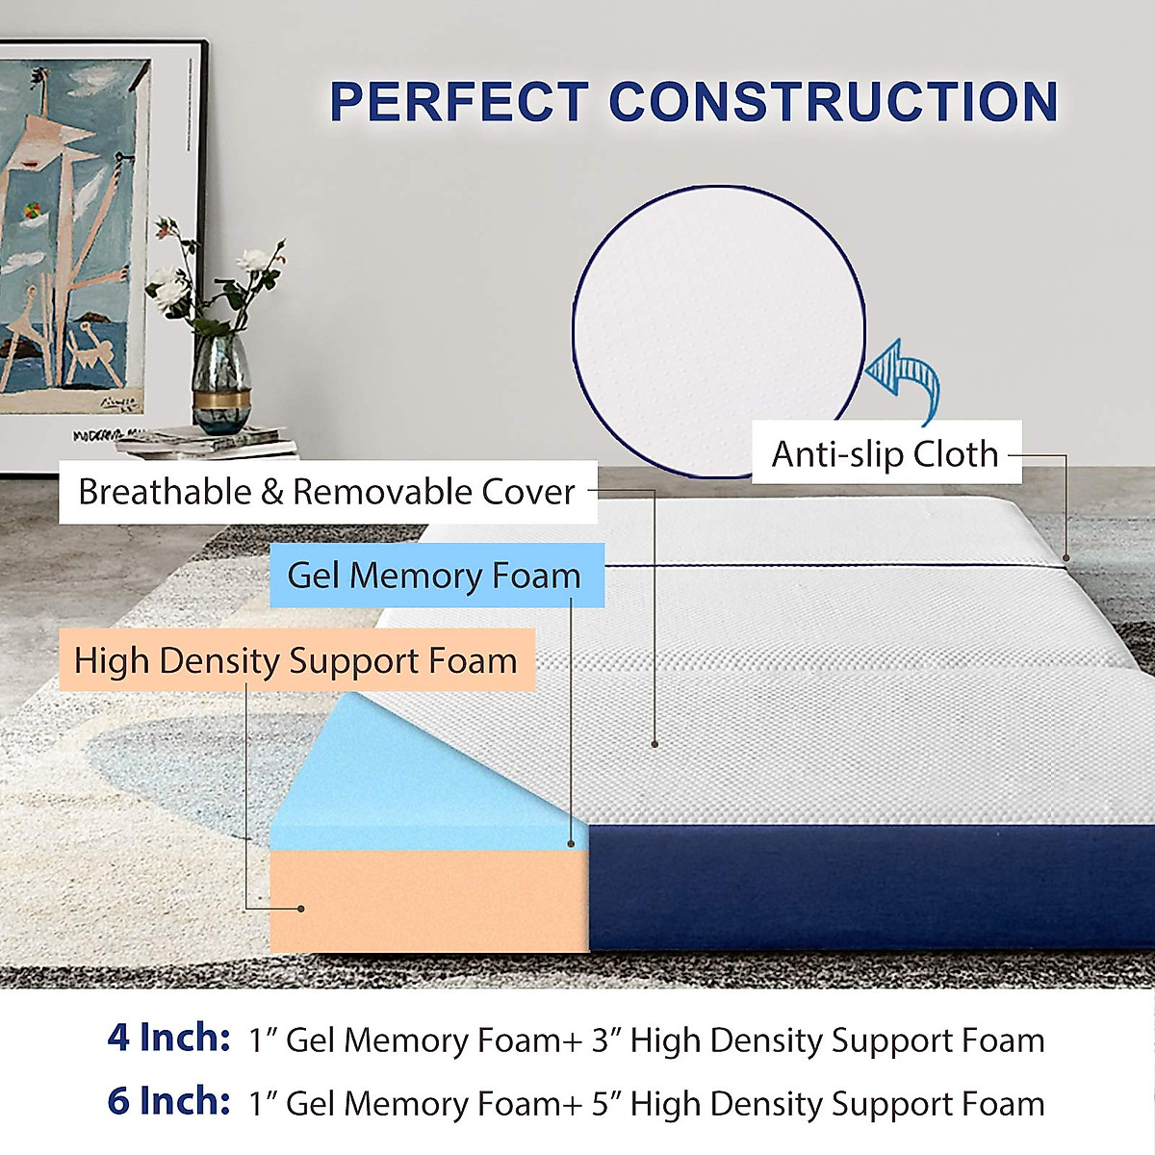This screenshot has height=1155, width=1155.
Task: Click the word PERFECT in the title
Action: [459, 102]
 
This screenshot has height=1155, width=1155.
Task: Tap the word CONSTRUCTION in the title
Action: [834, 102]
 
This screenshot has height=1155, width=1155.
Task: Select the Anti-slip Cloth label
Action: [885, 453]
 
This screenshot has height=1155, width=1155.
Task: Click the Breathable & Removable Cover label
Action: [327, 492]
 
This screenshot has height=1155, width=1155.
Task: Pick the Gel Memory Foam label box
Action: [435, 576]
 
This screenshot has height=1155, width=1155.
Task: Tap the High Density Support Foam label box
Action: [295, 661]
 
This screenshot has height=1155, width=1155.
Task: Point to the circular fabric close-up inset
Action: [717, 327]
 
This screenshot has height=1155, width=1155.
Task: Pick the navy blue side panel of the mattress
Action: [866, 885]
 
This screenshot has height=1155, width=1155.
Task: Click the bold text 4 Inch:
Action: [169, 1038]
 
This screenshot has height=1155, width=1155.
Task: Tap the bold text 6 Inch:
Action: [169, 1101]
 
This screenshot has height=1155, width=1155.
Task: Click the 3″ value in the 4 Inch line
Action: [606, 1040]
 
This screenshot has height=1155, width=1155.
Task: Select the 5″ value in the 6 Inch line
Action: [606, 1104]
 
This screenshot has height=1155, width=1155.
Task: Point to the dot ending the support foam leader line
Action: [301, 908]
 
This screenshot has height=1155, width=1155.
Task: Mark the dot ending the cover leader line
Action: [654, 743]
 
